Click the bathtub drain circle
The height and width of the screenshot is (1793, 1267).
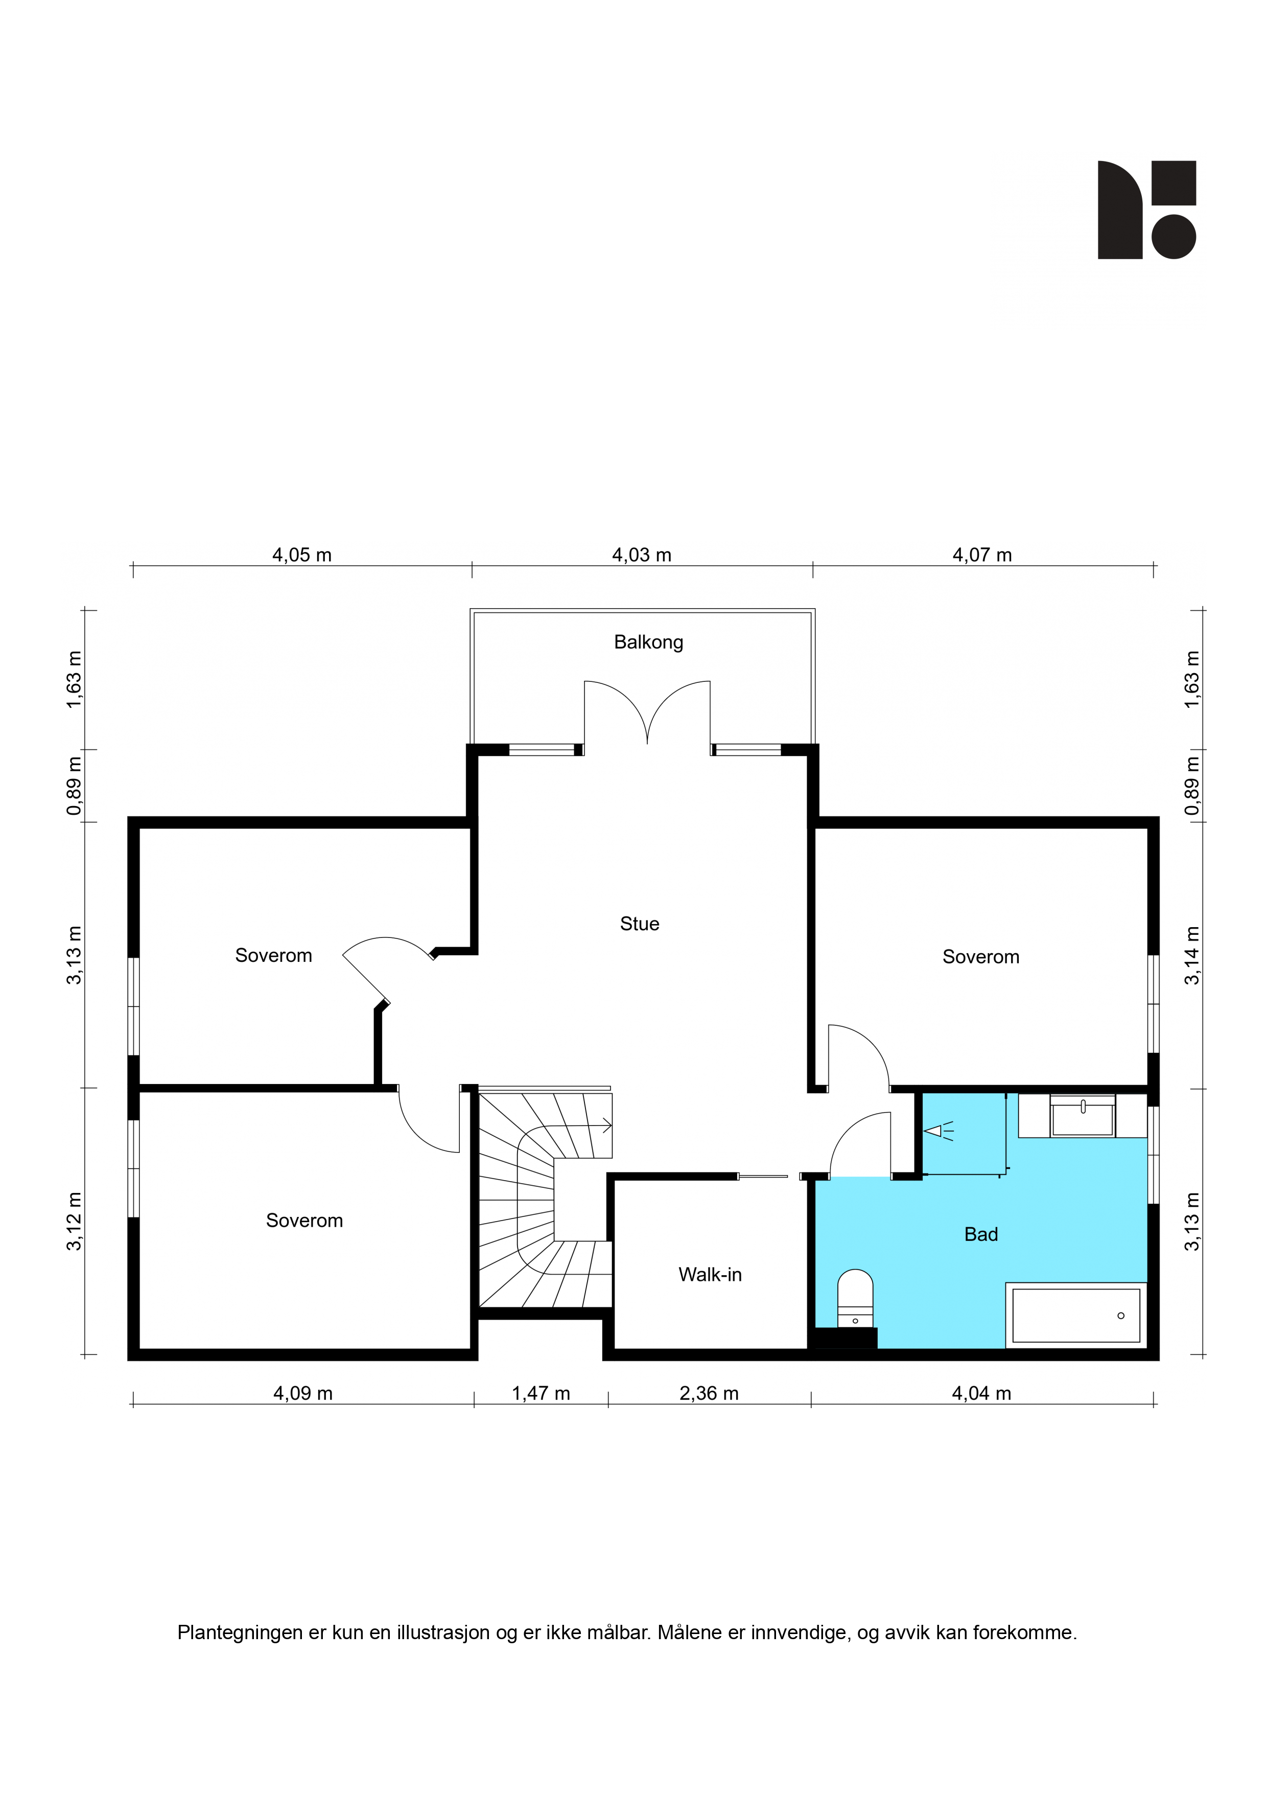click(x=1120, y=1316)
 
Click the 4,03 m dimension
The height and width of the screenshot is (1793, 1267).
click(x=641, y=555)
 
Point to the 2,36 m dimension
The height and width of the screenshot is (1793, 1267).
click(x=708, y=1393)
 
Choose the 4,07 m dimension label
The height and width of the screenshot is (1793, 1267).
click(x=981, y=555)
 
